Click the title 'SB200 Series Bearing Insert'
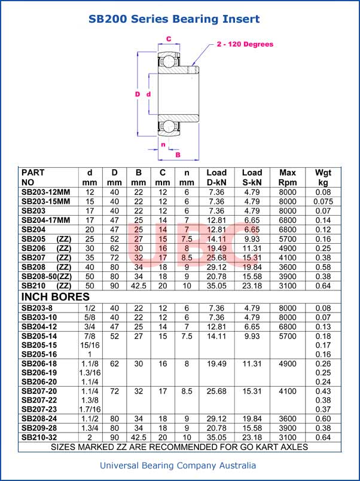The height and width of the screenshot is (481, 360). coord(174,19)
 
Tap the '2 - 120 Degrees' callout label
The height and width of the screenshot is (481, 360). coord(245,44)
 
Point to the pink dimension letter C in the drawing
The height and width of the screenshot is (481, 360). coord(169,39)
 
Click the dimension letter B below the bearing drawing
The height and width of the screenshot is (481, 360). coord(178,155)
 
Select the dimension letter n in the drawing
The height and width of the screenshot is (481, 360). coord(163,144)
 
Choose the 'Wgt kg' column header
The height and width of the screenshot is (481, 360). coord(324,177)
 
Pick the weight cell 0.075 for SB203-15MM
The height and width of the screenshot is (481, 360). coord(323,201)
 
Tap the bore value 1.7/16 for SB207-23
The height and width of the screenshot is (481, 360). coord(90,409)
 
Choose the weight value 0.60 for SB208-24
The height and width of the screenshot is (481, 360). coord(323,419)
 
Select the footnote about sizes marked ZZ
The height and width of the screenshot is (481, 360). coord(179,446)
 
